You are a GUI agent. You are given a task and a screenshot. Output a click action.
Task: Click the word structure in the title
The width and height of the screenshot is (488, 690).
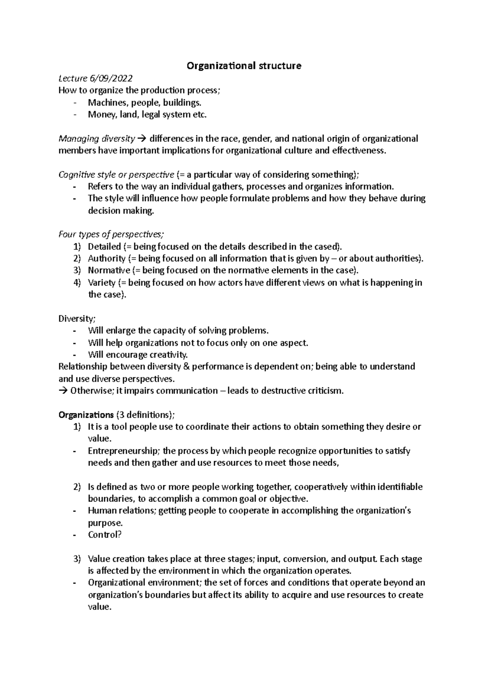pos(280,66)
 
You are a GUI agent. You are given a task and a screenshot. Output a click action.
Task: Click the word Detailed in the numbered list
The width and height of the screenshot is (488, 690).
pos(105,247)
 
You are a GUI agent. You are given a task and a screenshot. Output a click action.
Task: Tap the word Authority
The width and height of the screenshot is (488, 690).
pos(107,258)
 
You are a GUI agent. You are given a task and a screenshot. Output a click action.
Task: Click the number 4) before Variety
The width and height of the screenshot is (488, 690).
pos(78,283)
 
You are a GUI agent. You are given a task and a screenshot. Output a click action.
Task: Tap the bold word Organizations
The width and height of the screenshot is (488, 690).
pos(86,415)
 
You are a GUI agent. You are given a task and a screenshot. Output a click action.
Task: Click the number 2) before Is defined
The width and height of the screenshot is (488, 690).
pos(78,487)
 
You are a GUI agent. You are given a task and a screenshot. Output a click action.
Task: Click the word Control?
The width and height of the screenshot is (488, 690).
pos(105,535)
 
